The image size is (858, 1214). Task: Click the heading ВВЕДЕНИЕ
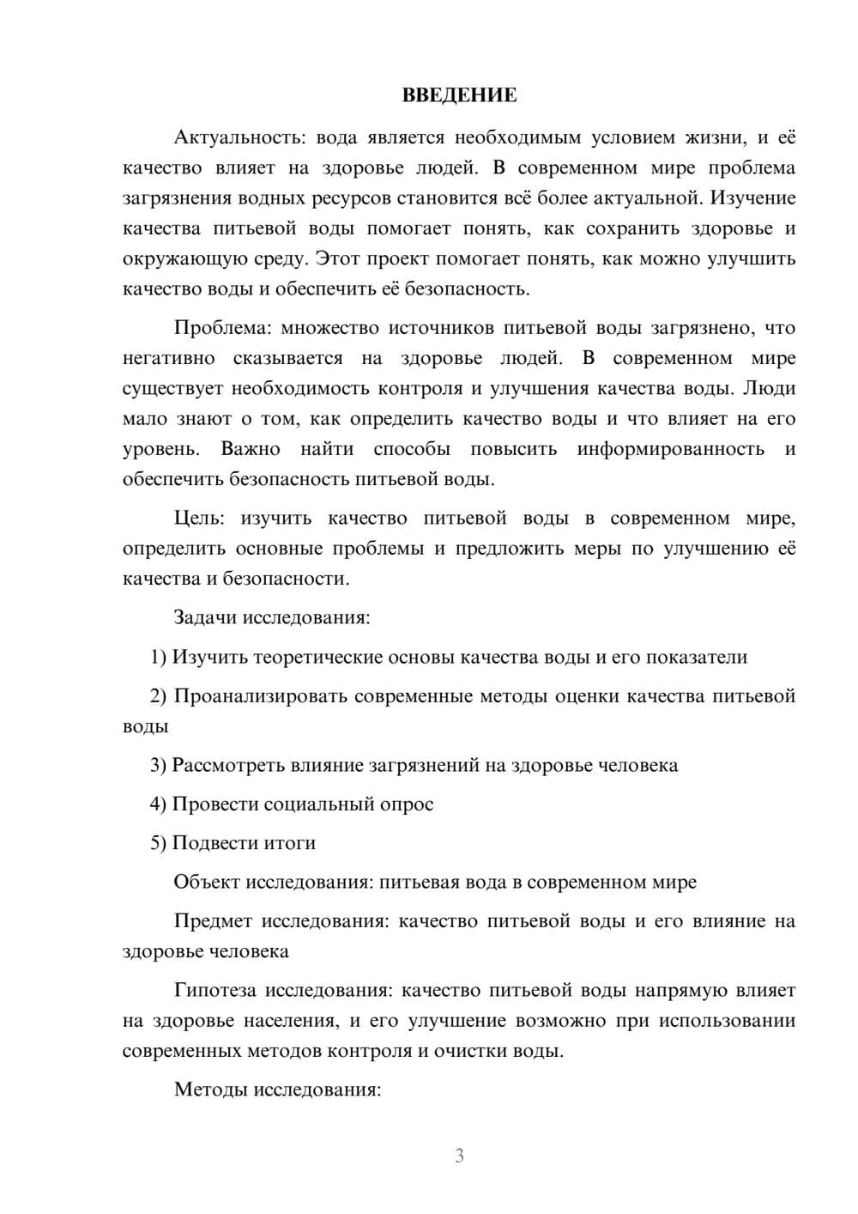click(x=459, y=95)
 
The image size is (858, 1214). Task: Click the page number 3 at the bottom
click(x=459, y=1156)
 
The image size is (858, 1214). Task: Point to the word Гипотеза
click(x=215, y=990)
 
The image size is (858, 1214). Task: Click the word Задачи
click(x=206, y=617)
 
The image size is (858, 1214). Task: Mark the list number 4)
click(x=159, y=804)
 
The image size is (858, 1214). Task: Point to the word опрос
click(x=408, y=804)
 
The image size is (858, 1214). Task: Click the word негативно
click(x=169, y=358)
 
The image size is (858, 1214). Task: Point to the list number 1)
click(x=159, y=657)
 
